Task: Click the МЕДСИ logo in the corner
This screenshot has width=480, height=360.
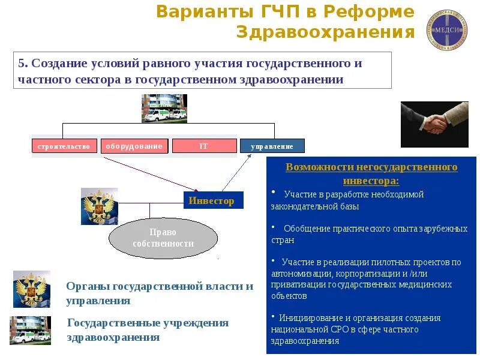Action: (x=447, y=29)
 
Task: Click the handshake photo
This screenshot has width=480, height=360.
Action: (x=434, y=124)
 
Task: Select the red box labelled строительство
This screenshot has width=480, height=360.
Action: (x=64, y=146)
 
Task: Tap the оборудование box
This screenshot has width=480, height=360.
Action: (x=134, y=146)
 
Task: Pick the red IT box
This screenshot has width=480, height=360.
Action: (x=203, y=146)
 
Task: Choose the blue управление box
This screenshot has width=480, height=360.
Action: (x=272, y=146)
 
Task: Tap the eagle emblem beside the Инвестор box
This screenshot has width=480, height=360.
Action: (x=99, y=206)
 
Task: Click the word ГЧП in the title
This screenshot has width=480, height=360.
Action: (x=274, y=11)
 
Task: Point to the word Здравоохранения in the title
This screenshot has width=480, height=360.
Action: (x=325, y=32)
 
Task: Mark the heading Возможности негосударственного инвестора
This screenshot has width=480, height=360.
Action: (x=371, y=173)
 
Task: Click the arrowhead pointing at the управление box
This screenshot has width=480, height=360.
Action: (x=248, y=154)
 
